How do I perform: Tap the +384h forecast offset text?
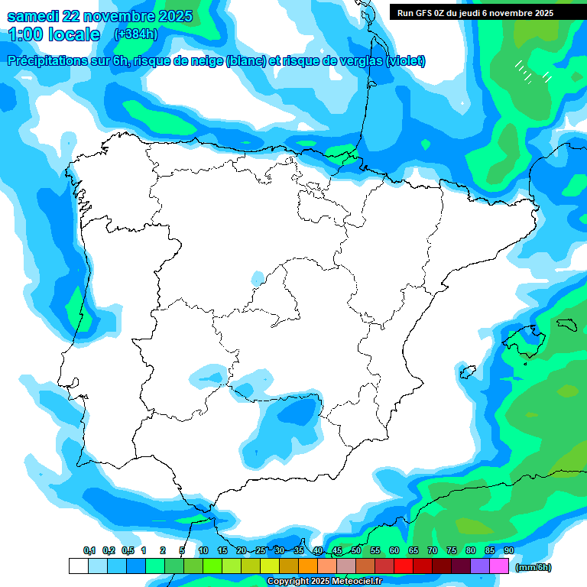[135, 34]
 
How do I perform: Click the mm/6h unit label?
[533, 567]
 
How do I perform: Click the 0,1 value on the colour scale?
[89, 551]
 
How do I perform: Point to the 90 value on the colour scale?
[508, 551]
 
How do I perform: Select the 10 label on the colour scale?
[203, 551]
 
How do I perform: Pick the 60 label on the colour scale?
[394, 551]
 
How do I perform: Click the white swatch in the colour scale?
[78, 566]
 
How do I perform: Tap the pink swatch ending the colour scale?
[499, 566]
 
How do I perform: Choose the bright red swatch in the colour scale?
[404, 566]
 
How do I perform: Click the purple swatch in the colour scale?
[480, 566]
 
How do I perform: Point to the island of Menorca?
[566, 325]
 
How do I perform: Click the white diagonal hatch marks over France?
[532, 73]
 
